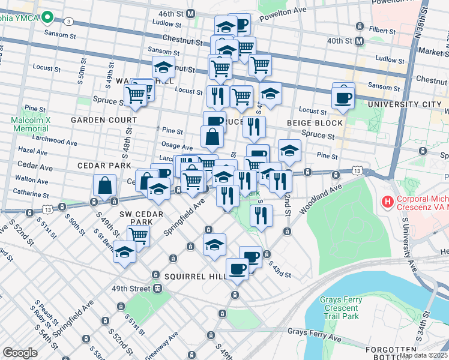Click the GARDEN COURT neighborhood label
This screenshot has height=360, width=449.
(x=104, y=120)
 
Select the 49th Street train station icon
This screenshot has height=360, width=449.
(x=157, y=288)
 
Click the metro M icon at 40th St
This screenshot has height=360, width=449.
(x=359, y=41)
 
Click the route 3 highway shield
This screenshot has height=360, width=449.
(x=70, y=22)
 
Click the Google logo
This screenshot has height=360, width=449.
(x=20, y=353)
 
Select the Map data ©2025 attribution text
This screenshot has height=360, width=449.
(x=423, y=355)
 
